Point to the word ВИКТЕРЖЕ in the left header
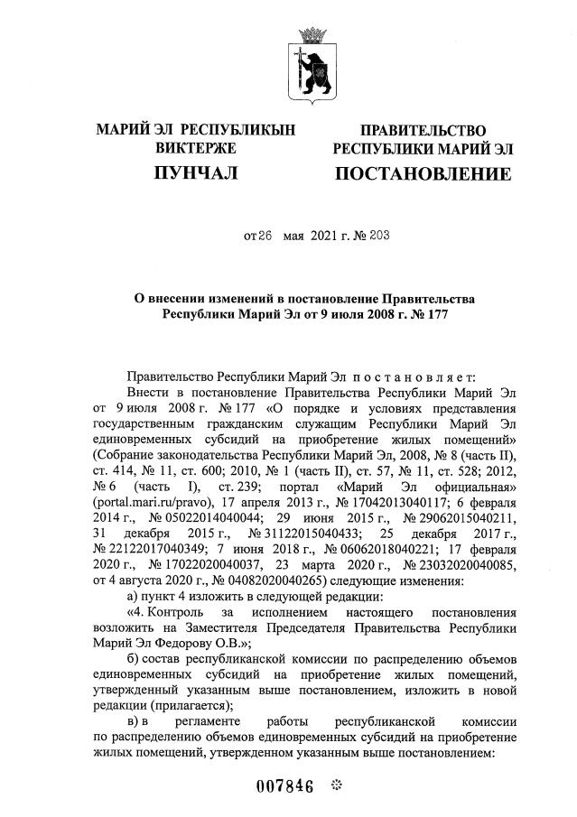point(196,148)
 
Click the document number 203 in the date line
point(354,237)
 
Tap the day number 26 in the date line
point(265,237)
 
